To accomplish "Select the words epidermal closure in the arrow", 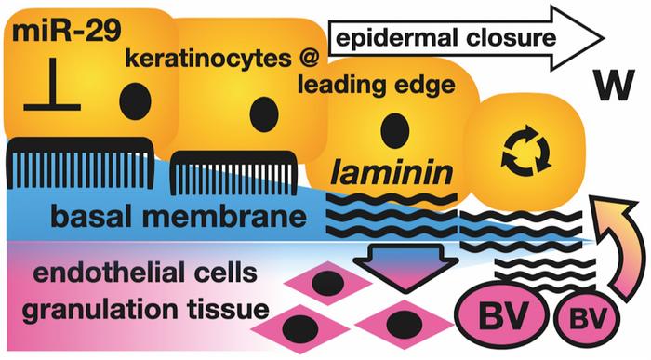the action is [x=445, y=39].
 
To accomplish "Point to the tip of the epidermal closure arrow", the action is [x=604, y=39].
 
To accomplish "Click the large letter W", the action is [x=614, y=86].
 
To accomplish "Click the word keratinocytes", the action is [x=208, y=60].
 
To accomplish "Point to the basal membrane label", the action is [x=179, y=216].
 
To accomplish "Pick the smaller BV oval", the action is [x=586, y=318].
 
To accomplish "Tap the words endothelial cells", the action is [x=145, y=273].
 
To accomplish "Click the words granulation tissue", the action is [x=145, y=310].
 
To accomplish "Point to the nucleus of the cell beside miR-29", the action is [x=135, y=101].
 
